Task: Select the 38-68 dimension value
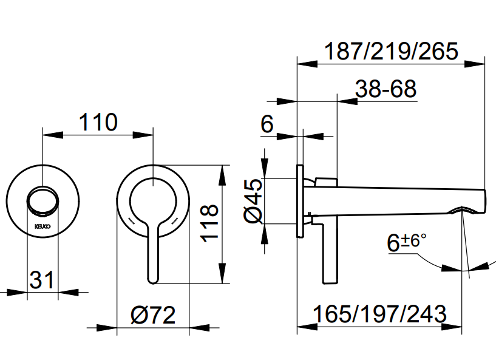tap(387, 90)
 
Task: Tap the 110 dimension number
tap(98, 123)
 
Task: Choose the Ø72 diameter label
tap(153, 315)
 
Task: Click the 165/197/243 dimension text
tap(380, 314)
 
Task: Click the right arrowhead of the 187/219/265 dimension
tap(480, 61)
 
